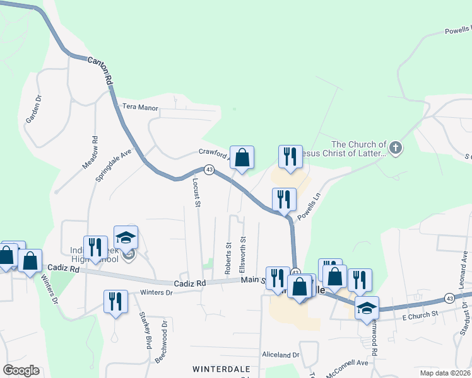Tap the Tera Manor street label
(x=140, y=108)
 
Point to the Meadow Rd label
(x=91, y=153)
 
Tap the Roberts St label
(x=228, y=258)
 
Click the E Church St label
(x=420, y=314)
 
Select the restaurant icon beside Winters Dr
(x=115, y=301)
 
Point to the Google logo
(x=21, y=370)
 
